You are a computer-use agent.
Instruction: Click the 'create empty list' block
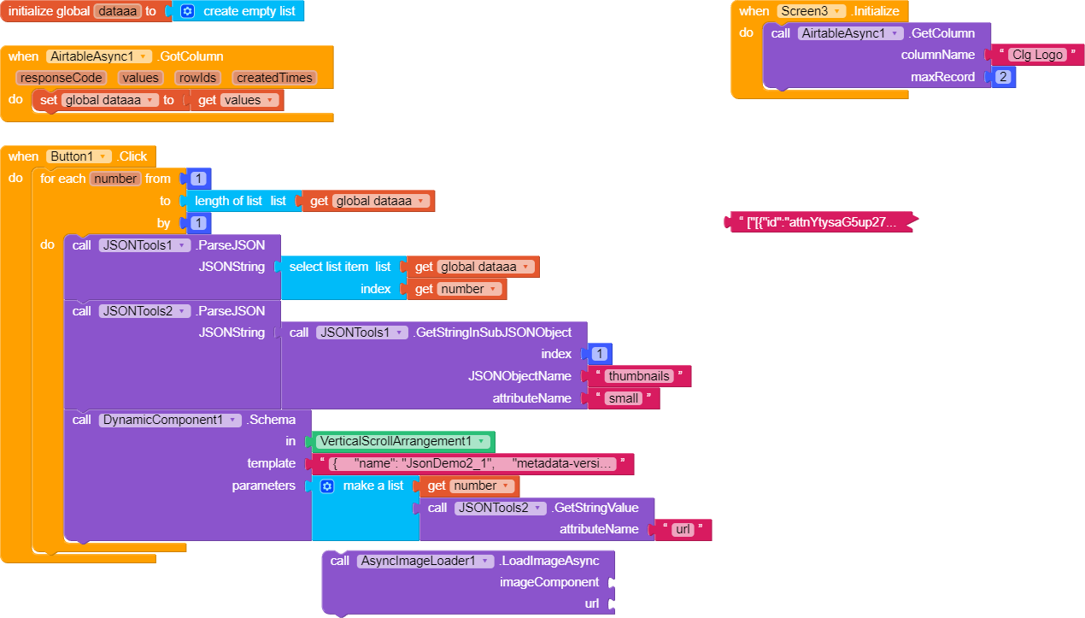point(248,11)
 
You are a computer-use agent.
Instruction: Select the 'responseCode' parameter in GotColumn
point(62,78)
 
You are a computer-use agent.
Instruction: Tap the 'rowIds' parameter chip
point(197,78)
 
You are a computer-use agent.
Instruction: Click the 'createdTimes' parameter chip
point(273,78)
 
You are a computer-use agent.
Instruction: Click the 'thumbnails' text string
point(639,376)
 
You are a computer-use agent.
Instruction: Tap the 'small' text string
point(624,398)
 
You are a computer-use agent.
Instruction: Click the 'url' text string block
point(683,530)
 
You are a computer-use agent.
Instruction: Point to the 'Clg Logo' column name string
point(1037,55)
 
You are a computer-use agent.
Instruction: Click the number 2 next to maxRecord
point(1004,77)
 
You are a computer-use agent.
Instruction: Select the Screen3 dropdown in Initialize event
point(811,11)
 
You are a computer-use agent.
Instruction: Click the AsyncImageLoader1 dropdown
point(425,561)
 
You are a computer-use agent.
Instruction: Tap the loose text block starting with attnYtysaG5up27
point(820,222)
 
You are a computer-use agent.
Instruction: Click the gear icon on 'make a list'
point(327,486)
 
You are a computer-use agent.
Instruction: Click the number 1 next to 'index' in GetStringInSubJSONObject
point(599,354)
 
